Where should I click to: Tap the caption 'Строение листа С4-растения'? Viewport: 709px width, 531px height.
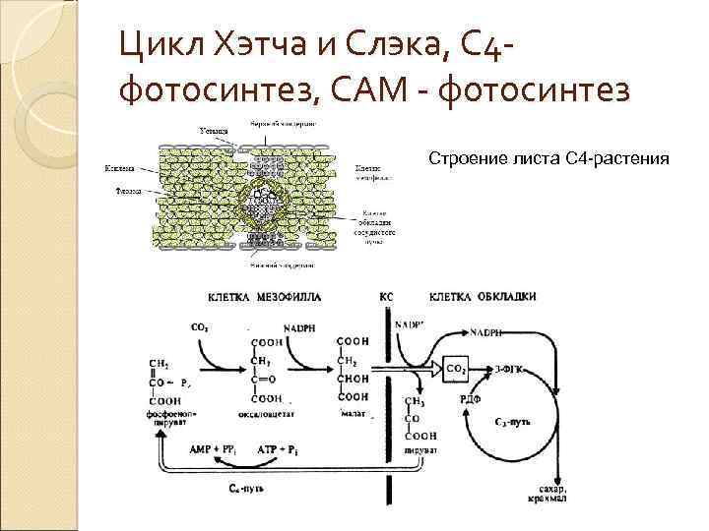[548, 158]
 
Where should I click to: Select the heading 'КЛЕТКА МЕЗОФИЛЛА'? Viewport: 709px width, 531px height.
[264, 297]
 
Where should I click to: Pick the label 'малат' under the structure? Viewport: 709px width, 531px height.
[352, 415]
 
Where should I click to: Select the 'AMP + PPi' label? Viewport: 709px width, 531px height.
[214, 448]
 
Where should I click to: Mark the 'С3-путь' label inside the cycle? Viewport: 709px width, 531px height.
[514, 420]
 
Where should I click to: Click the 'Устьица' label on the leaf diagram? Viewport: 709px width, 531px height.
[216, 130]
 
